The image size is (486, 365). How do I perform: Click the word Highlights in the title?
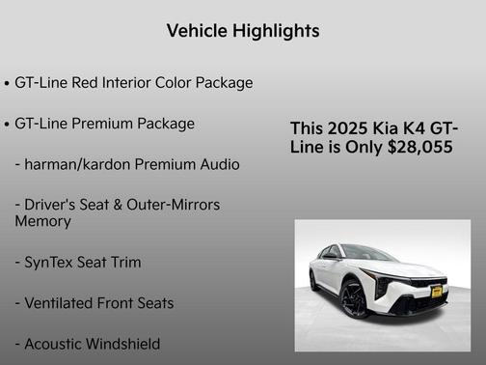point(277,31)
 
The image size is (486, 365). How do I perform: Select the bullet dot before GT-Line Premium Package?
point(8,125)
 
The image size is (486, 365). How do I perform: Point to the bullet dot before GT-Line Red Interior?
point(8,84)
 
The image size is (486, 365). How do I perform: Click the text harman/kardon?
point(79,164)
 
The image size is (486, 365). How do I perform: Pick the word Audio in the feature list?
point(219,164)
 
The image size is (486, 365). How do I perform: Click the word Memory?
point(42,221)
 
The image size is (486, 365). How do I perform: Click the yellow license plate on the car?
point(436,291)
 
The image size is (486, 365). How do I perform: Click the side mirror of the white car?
point(330,256)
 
